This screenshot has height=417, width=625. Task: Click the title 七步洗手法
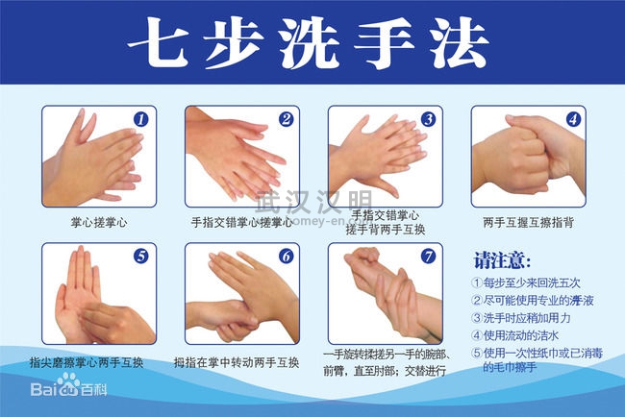308,43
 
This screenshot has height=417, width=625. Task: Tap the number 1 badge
140,119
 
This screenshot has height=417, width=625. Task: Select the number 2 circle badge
286,119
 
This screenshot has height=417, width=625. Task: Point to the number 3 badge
429,119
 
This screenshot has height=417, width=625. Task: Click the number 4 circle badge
573,119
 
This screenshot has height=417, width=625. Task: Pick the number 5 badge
140,257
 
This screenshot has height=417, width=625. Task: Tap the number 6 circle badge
286,257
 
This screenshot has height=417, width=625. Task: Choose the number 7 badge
429,257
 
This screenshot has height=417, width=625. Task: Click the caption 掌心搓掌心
99,222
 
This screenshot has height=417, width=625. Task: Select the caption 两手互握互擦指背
528,222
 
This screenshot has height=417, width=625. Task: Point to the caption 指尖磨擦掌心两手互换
87,362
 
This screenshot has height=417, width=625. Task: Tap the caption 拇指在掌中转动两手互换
237,362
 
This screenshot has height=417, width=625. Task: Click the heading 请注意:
503,261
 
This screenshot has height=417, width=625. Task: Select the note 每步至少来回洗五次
526,282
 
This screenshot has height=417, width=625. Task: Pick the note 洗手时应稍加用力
521,318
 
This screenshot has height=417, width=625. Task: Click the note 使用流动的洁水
515,335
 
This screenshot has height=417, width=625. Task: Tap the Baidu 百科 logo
68,385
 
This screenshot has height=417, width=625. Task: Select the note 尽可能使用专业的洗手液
533,301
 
